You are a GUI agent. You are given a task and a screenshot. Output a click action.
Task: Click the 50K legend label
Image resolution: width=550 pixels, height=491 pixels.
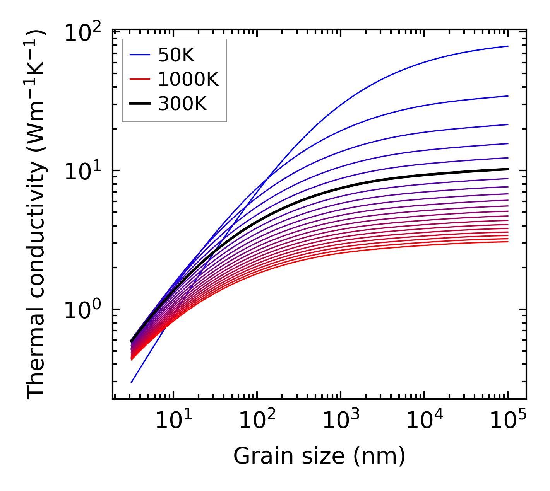[176, 56]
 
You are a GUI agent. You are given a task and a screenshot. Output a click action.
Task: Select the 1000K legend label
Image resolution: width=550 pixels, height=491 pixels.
[188, 80]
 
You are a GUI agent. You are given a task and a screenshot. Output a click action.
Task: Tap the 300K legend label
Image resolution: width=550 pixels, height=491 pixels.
[182, 104]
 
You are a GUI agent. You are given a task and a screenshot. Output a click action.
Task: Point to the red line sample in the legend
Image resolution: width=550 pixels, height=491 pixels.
[140, 80]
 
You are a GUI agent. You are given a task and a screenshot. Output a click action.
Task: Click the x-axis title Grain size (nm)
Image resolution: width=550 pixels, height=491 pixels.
[319, 456]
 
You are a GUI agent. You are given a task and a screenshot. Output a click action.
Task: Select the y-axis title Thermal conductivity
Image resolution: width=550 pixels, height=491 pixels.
[37, 215]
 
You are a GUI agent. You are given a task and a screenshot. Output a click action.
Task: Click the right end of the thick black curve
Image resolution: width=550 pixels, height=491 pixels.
[507, 169]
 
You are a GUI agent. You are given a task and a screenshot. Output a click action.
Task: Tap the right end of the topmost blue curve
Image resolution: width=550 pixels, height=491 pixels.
[507, 46]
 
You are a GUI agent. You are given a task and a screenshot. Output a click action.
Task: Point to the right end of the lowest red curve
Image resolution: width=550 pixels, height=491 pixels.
[507, 242]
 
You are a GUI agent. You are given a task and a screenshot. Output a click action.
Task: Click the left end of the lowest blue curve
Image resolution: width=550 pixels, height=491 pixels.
[132, 382]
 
